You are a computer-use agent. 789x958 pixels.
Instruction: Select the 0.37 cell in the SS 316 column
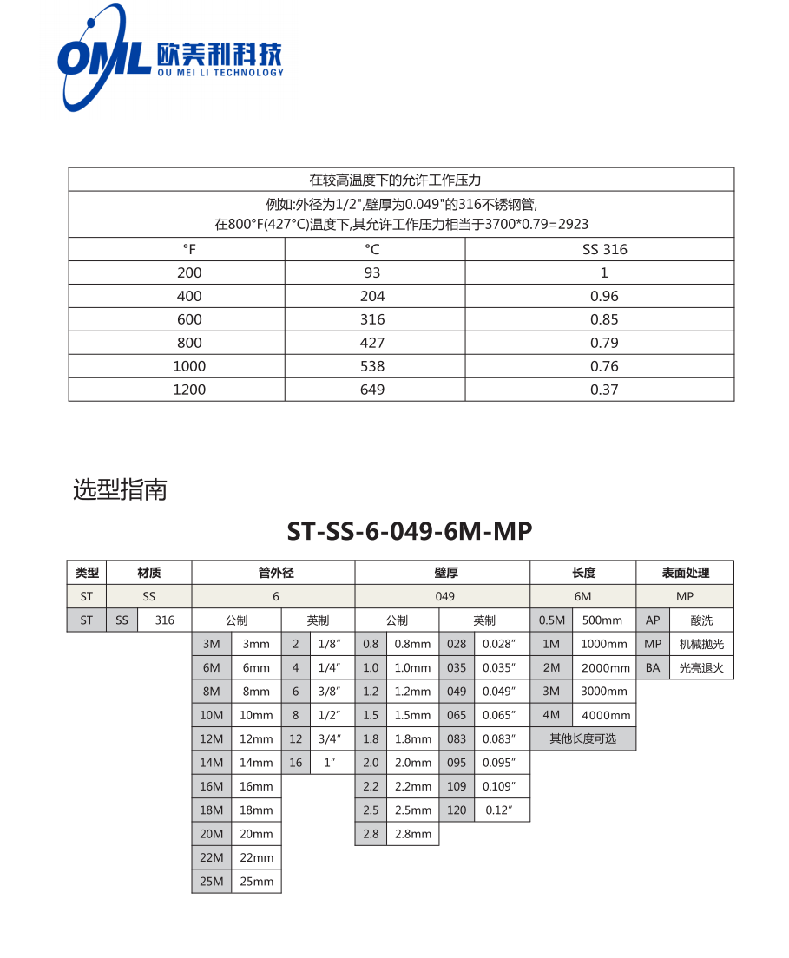click(604, 390)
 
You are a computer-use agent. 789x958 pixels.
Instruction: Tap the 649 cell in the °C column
click(372, 390)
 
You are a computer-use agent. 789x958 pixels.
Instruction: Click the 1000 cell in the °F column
click(189, 366)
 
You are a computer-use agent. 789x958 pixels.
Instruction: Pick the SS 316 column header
click(604, 249)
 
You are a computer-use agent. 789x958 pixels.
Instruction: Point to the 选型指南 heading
click(120, 490)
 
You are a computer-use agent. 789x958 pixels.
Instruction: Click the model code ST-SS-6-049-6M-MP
click(409, 531)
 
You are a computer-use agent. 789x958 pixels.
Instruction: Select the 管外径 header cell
click(273, 573)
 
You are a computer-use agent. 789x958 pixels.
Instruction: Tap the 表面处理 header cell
click(685, 573)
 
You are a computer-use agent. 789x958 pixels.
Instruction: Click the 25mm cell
click(256, 882)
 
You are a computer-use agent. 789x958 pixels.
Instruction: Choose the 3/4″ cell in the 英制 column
click(329, 739)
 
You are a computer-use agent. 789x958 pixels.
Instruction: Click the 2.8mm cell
click(412, 834)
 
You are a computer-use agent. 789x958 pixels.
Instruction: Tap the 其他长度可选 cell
click(582, 739)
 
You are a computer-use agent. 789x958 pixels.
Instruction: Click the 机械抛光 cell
click(701, 645)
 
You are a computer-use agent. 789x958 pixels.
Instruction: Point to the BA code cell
click(653, 668)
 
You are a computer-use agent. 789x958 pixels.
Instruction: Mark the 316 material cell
click(165, 620)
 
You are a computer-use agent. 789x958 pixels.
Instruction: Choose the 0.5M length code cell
click(551, 620)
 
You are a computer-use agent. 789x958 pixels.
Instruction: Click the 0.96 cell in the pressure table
click(604, 296)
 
